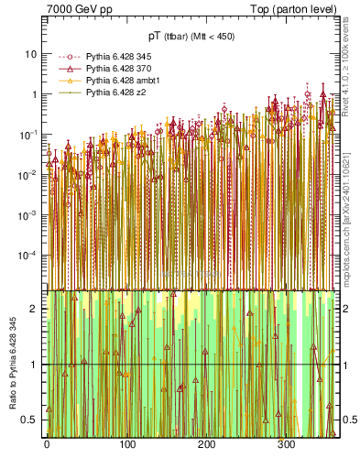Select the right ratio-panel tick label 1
point(345,365)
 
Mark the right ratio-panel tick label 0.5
point(349,420)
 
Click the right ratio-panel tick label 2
point(345,309)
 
